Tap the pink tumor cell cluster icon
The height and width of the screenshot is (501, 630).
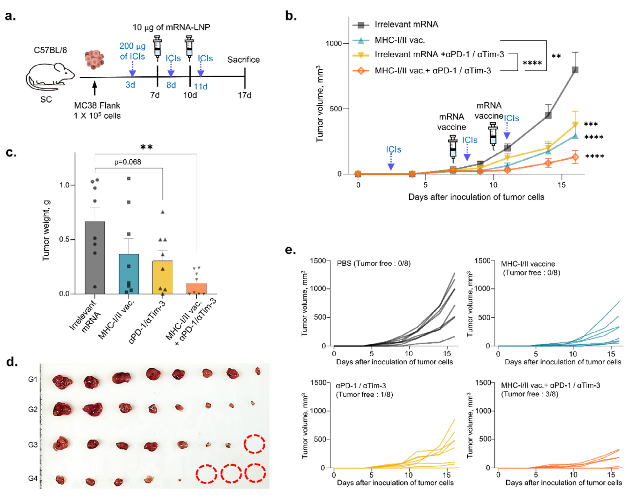[94, 59]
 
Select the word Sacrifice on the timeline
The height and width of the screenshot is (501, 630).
[243, 59]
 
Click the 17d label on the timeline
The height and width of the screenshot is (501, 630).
[244, 95]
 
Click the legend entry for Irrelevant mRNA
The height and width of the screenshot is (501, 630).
[406, 24]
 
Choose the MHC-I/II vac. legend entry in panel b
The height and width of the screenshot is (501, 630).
[399, 40]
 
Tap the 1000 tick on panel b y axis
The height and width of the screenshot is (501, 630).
[333, 43]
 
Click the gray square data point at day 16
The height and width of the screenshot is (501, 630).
[575, 70]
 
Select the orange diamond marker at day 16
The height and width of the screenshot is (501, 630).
[575, 157]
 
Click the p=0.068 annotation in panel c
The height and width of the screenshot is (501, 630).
[128, 162]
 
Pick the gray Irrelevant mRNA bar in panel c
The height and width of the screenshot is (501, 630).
[95, 258]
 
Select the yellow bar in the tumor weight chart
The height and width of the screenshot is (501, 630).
[163, 277]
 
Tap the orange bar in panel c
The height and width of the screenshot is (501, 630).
[196, 288]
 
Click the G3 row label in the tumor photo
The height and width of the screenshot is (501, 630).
[33, 445]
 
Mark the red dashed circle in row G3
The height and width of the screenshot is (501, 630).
[254, 444]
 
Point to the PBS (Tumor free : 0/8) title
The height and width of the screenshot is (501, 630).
[374, 264]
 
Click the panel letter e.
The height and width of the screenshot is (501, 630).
[290, 250]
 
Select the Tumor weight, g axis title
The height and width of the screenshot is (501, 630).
[46, 230]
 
